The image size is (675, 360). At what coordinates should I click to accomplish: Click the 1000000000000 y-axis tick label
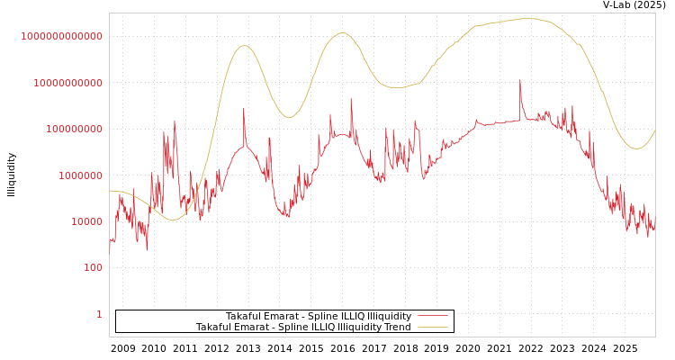click(62, 36)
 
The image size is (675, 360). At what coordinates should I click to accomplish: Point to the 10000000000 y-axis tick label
click(67, 83)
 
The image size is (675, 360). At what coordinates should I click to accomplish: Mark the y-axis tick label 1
click(99, 314)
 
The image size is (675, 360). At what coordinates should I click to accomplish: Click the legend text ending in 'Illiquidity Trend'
click(303, 327)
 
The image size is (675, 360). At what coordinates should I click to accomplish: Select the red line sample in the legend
click(433, 317)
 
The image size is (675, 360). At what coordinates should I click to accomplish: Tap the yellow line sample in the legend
click(433, 328)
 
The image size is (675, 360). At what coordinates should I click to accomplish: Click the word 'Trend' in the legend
click(397, 327)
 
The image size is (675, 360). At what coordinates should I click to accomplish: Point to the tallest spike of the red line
click(519, 80)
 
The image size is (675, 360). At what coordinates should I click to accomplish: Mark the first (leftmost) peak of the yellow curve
click(245, 45)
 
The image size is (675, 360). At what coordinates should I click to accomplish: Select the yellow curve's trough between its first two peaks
click(289, 118)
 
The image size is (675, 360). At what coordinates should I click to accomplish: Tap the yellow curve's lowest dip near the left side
click(173, 220)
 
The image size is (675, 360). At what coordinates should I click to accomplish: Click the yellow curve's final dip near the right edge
click(636, 148)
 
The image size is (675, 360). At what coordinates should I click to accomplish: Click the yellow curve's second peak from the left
click(342, 33)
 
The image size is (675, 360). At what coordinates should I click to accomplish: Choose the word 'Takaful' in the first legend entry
click(244, 316)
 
